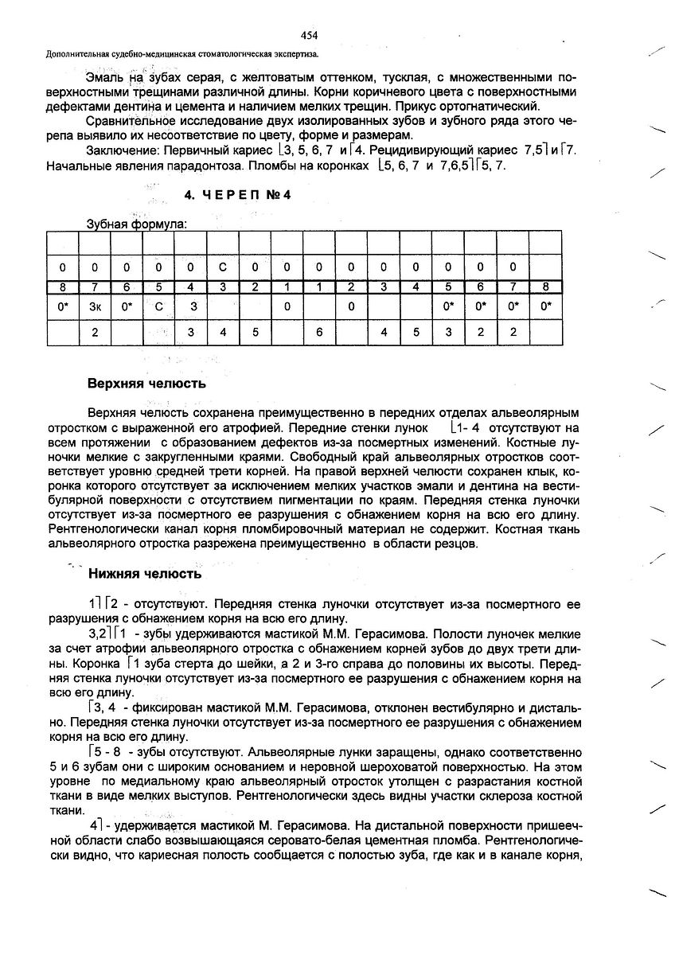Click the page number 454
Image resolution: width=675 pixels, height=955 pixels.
(x=310, y=34)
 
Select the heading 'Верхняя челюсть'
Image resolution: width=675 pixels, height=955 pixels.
(x=146, y=384)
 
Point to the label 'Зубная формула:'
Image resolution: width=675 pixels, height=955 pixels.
(x=136, y=224)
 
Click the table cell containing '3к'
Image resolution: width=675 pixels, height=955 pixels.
(x=96, y=306)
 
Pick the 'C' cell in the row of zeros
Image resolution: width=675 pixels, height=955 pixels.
(x=223, y=267)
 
